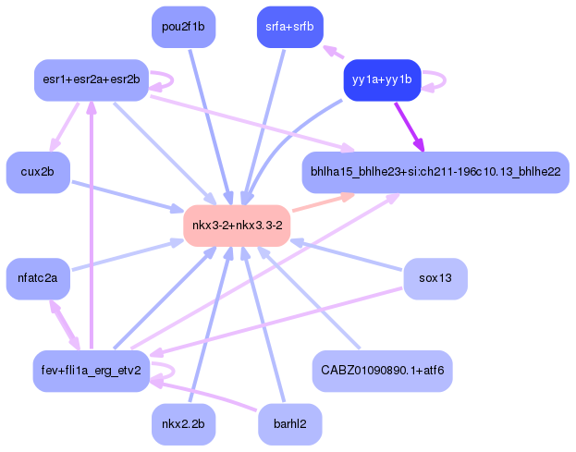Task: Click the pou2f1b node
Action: (183, 27)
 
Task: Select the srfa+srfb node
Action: (289, 27)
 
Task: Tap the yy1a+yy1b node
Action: (382, 80)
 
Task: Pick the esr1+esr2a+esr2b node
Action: (91, 80)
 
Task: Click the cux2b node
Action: (38, 173)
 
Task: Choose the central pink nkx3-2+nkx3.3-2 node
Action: (238, 226)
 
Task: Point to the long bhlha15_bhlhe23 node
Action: (435, 173)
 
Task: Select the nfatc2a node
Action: (38, 278)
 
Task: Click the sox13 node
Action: (435, 278)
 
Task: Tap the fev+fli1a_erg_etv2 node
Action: (91, 371)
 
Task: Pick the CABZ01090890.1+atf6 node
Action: (382, 371)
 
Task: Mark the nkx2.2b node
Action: (183, 424)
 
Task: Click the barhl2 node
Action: (289, 424)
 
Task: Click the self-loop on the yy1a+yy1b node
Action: (436, 80)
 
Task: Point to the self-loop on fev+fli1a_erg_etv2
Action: (165, 371)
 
